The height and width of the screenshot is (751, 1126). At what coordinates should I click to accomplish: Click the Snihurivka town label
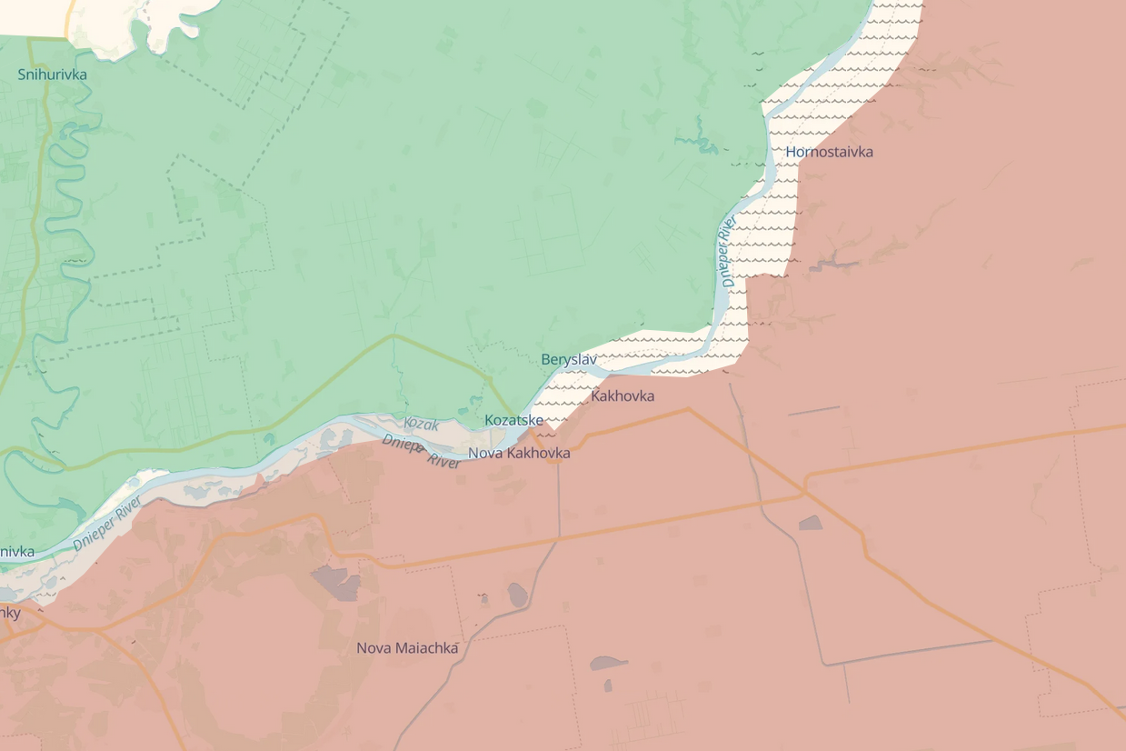[x=53, y=75]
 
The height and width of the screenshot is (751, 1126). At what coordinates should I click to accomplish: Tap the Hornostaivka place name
[x=829, y=152]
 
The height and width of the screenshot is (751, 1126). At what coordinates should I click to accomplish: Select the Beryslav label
[x=569, y=359]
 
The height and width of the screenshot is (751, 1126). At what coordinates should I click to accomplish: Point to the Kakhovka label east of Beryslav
[x=623, y=396]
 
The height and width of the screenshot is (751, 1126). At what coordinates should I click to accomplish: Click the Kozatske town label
[x=513, y=420]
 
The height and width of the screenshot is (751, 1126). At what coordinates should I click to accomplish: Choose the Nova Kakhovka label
[x=519, y=453]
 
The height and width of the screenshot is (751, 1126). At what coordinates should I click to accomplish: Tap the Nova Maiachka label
[x=407, y=648]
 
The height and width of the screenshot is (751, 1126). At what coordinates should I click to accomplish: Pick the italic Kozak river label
[x=421, y=425]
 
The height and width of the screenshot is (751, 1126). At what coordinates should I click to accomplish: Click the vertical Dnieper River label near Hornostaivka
[x=728, y=252]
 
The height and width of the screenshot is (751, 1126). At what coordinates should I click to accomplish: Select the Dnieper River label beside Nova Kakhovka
[x=421, y=451]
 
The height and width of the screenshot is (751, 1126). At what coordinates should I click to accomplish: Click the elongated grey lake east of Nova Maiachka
[x=608, y=663]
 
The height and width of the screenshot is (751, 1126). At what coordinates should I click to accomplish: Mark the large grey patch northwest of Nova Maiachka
[x=336, y=582]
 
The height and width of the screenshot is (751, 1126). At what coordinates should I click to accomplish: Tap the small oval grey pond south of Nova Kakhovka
[x=518, y=596]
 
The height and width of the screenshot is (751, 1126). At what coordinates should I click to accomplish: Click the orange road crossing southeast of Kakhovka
[x=803, y=492]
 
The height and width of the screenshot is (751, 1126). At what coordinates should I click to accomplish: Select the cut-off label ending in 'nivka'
[x=17, y=552]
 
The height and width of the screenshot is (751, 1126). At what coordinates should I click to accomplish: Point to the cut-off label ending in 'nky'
[x=10, y=613]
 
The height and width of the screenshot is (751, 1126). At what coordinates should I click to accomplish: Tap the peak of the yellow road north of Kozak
[x=394, y=335]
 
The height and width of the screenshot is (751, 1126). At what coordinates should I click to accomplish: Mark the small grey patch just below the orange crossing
[x=809, y=523]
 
